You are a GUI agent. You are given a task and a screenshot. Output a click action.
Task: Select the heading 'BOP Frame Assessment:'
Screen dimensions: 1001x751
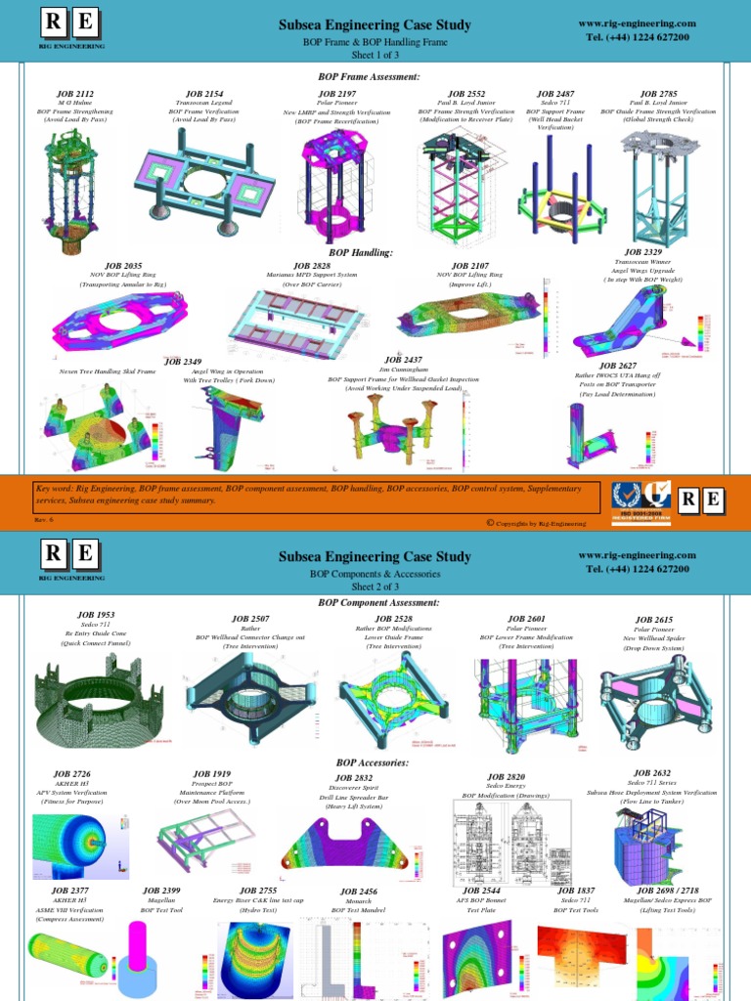[369, 76]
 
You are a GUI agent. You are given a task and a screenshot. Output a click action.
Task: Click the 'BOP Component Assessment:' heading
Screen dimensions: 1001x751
[378, 603]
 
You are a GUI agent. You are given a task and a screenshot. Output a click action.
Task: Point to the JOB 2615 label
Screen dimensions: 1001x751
[654, 620]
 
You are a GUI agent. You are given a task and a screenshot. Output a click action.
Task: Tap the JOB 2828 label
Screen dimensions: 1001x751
[312, 266]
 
